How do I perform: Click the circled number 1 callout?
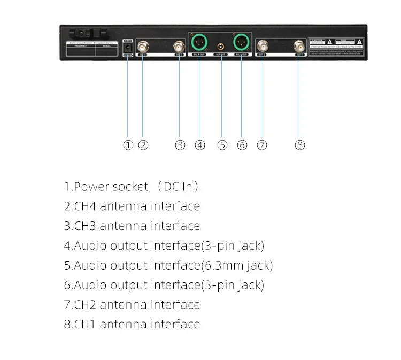click(x=128, y=145)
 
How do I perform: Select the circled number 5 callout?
click(x=222, y=145)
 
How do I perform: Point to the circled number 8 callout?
click(x=300, y=145)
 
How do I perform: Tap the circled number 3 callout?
click(x=180, y=145)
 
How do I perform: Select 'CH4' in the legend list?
click(x=85, y=206)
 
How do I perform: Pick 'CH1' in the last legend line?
click(x=85, y=324)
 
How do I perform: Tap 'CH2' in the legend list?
click(x=85, y=305)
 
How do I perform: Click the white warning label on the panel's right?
click(x=336, y=47)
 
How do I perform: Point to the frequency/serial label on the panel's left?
click(x=94, y=50)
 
